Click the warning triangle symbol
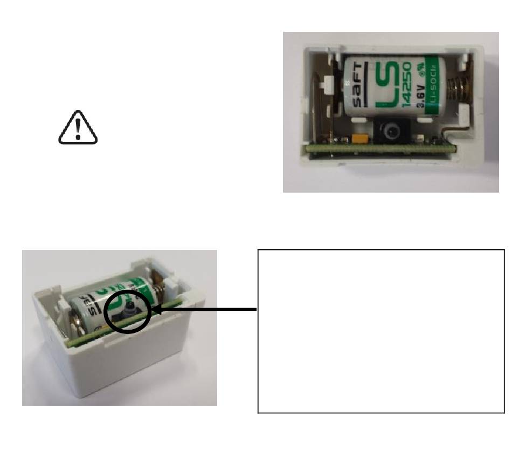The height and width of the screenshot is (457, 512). (x=78, y=129)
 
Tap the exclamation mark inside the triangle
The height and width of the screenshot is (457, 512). (x=78, y=128)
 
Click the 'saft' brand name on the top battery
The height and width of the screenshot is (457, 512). (x=357, y=86)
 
